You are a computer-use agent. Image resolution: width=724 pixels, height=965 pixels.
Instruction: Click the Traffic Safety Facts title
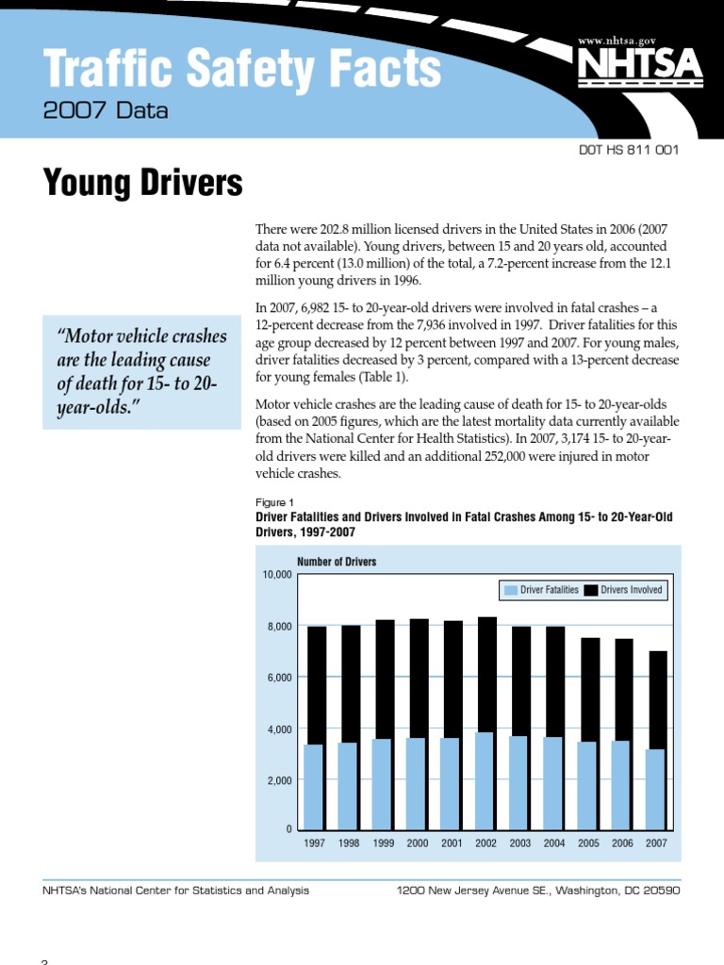(242, 69)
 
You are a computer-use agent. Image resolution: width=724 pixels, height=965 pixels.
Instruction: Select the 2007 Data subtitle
(106, 111)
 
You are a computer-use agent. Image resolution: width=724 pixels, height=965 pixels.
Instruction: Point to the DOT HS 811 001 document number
(627, 150)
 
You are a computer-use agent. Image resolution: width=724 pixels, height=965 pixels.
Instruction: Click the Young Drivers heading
(142, 183)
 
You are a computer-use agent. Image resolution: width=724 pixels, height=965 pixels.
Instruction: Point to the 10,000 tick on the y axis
(276, 575)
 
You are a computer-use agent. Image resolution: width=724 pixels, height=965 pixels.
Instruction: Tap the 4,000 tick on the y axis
(278, 729)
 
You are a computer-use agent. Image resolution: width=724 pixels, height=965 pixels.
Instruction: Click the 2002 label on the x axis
(486, 843)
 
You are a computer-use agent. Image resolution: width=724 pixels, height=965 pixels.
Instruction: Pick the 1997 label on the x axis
(315, 843)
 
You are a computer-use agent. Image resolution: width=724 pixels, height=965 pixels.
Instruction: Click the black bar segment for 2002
(486, 674)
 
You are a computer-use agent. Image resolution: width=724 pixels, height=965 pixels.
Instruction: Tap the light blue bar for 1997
(314, 787)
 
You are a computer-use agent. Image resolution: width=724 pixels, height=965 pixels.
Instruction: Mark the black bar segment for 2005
(589, 689)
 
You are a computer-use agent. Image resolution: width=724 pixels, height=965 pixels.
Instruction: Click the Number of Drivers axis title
(337, 562)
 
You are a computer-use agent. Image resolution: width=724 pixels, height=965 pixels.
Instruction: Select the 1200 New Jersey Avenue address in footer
(538, 891)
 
